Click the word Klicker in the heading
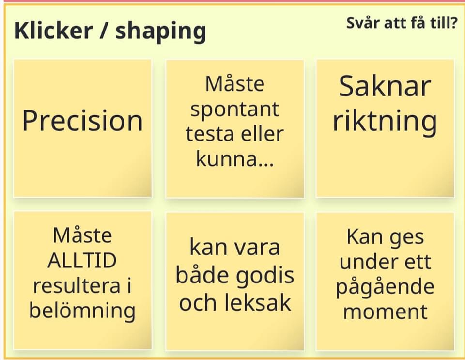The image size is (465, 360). (53, 30)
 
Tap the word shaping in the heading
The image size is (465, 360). (161, 32)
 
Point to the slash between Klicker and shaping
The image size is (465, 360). (104, 31)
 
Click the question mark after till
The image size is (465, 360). (454, 23)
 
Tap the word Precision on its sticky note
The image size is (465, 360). (82, 120)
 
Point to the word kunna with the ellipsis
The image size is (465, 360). (234, 159)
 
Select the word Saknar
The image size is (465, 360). (385, 86)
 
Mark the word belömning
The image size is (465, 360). (82, 312)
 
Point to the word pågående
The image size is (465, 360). (385, 287)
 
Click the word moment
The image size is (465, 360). (385, 312)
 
